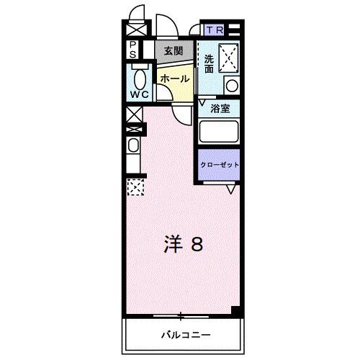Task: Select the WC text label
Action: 139,94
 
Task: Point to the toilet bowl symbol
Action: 138,77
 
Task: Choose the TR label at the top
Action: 215,31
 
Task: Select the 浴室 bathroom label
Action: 220,109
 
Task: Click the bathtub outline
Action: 220,132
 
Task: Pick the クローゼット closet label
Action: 219,165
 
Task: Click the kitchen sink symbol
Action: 133,147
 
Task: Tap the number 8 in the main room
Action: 196,245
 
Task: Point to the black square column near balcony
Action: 235,312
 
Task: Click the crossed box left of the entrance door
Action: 133,31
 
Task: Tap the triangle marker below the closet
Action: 230,189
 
